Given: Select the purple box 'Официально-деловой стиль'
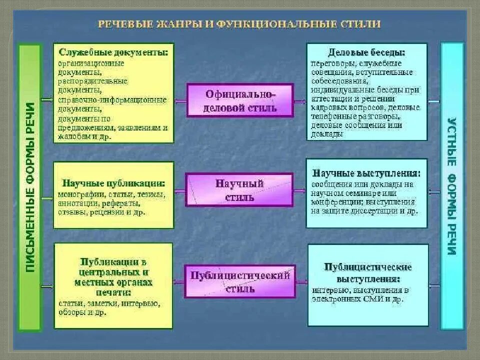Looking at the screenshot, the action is [240, 100].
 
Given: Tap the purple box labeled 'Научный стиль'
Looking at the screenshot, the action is [239, 190].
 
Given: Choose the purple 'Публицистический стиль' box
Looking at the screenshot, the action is [240, 281].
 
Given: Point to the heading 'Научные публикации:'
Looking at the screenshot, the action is [114, 183].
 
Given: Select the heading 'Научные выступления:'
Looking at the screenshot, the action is [366, 173].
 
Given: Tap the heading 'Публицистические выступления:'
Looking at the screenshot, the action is [367, 272].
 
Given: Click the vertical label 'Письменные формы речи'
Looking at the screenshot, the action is [30, 187].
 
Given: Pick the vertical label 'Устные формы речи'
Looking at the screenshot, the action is [451, 186].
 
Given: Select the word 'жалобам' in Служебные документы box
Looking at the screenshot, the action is [70, 135].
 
